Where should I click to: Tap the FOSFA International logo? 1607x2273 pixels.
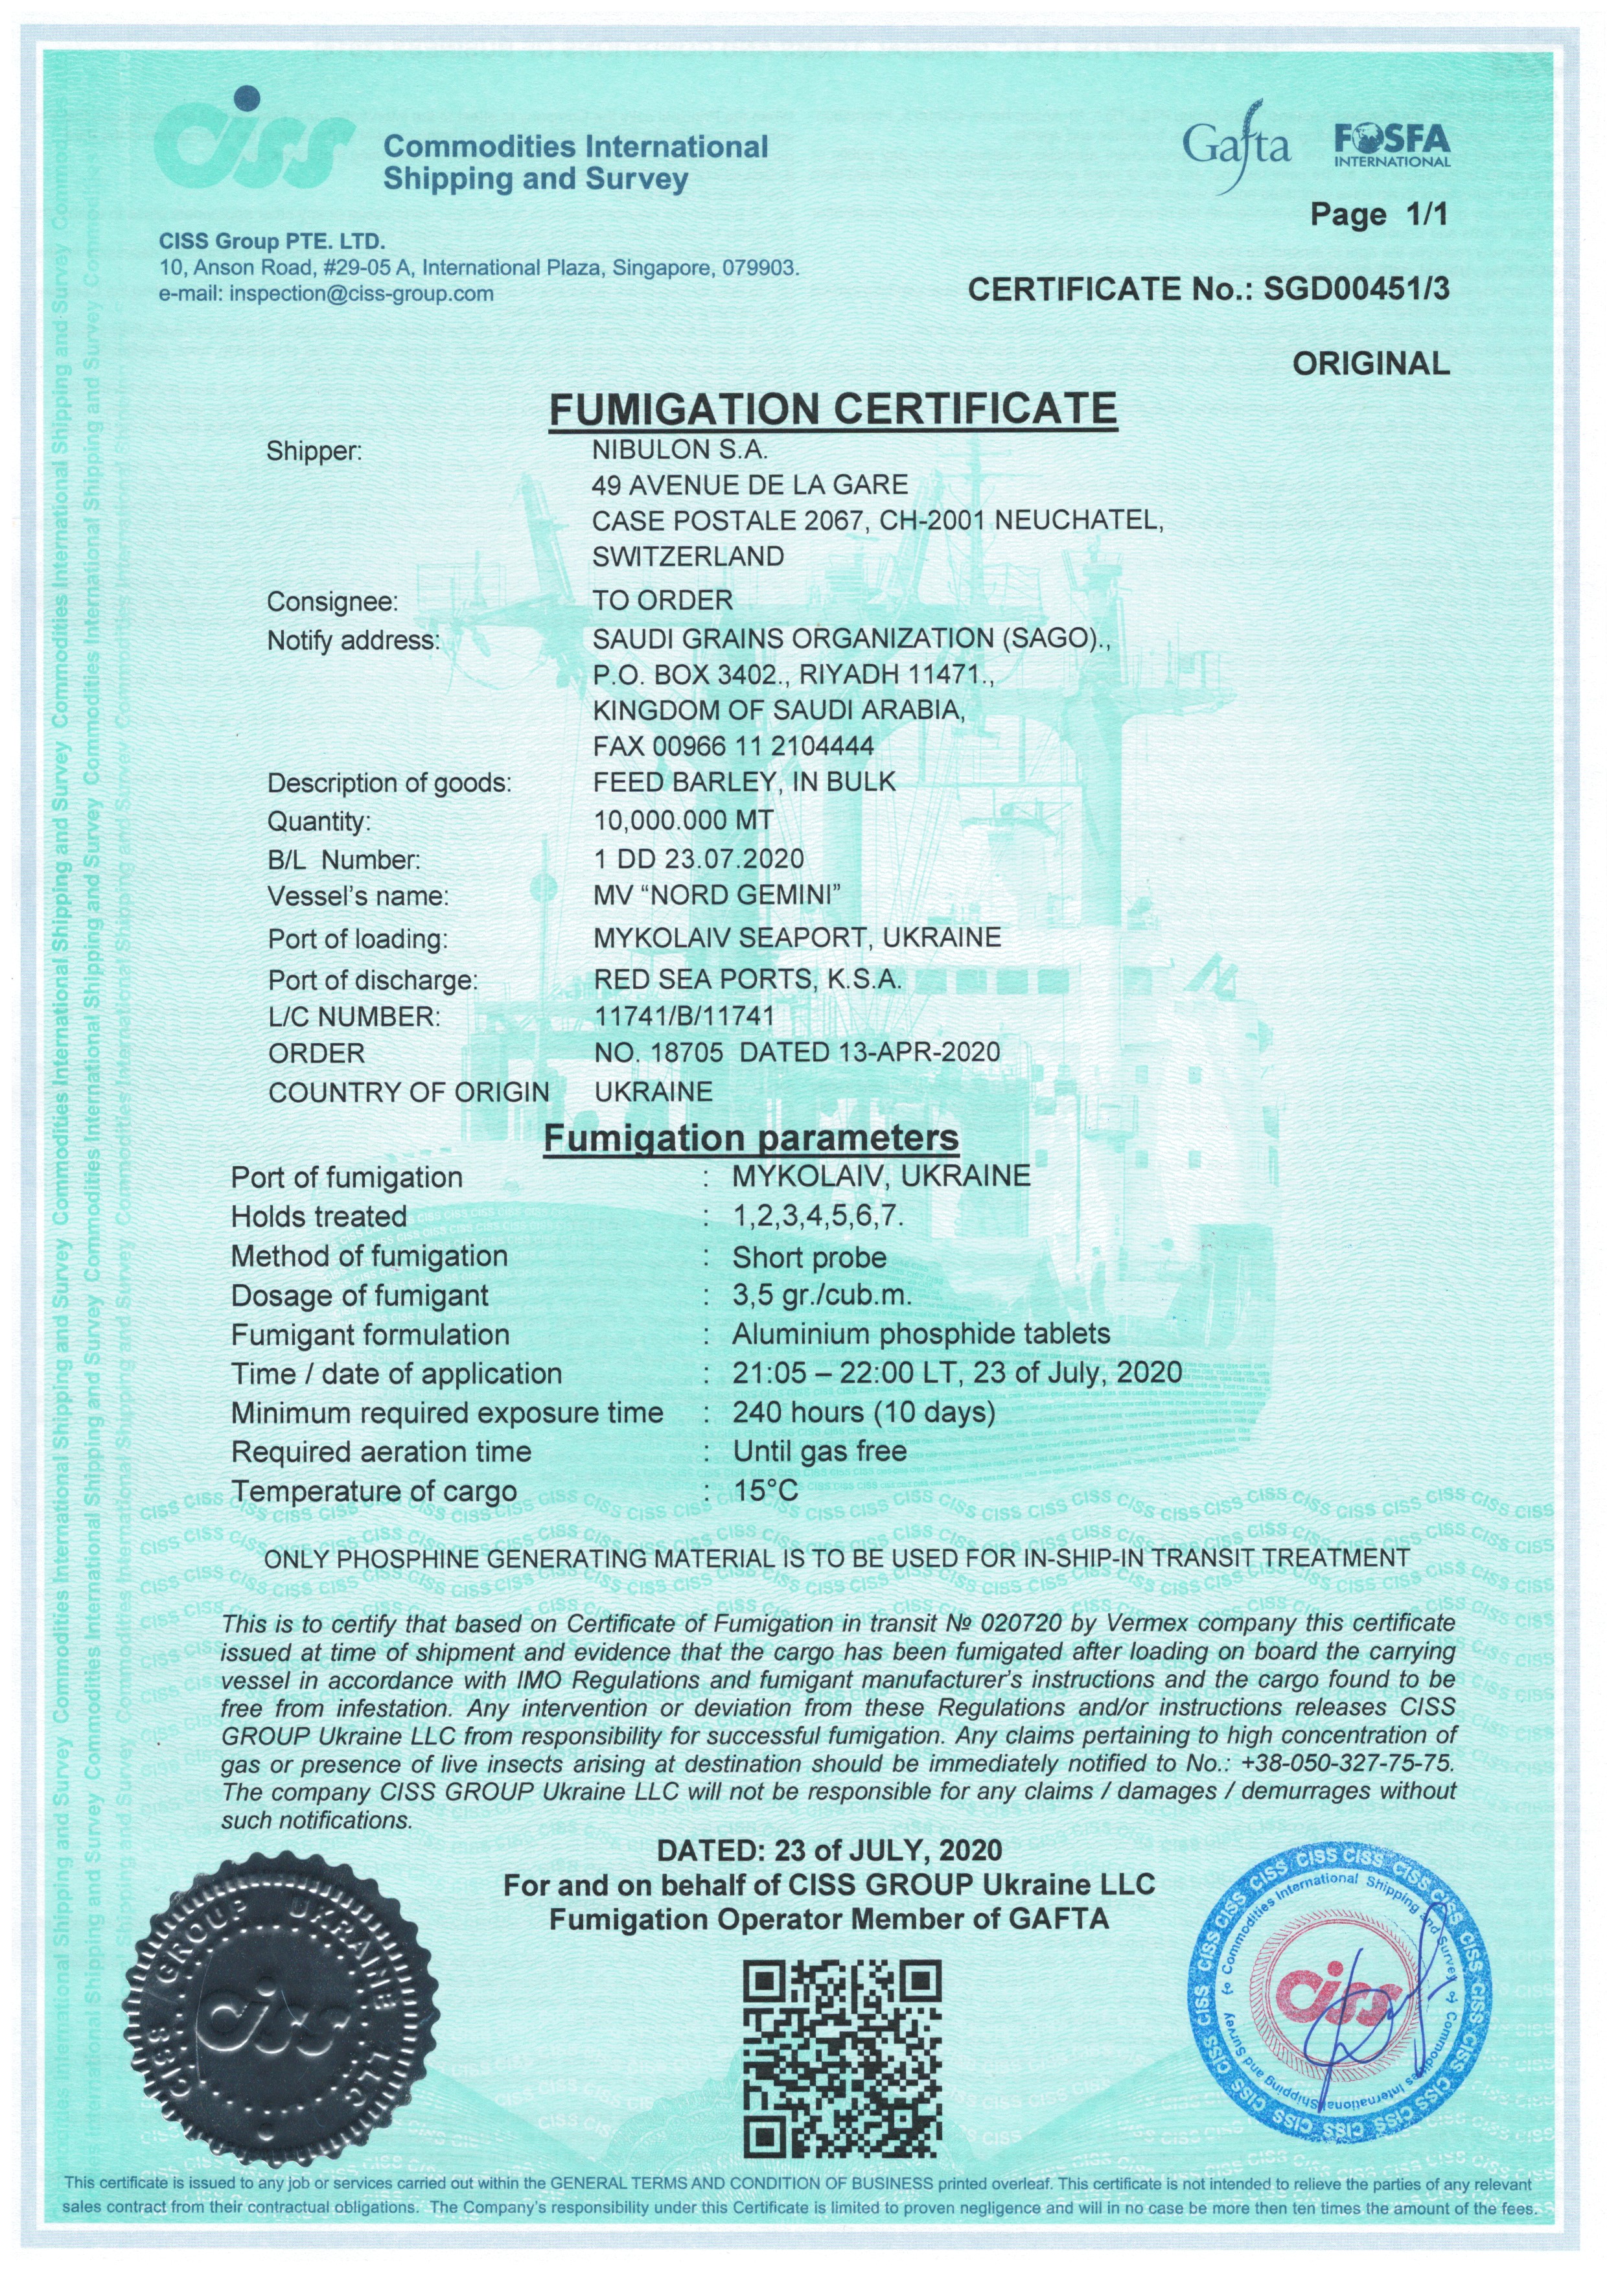[1391, 146]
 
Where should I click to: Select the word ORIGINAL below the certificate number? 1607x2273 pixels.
[1370, 363]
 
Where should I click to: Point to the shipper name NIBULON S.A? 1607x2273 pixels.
[679, 450]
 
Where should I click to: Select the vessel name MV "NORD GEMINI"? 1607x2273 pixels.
[717, 897]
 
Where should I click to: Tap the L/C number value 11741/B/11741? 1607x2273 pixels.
[683, 1016]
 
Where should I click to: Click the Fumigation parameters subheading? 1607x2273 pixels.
[752, 1138]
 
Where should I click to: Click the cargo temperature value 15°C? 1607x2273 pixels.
[765, 1490]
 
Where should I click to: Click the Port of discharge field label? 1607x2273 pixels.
[373, 980]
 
